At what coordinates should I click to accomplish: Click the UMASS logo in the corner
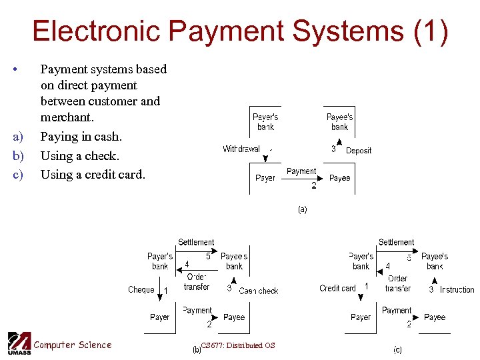pyautogui.click(x=19, y=343)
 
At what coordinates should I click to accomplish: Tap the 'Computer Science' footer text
pyautogui.click(x=73, y=345)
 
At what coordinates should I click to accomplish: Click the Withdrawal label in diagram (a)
pyautogui.click(x=241, y=149)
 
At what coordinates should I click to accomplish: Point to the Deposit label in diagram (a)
pyautogui.click(x=359, y=151)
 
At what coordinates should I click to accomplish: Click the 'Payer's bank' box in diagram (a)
pyautogui.click(x=265, y=122)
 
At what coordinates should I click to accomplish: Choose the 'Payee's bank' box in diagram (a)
pyautogui.click(x=339, y=122)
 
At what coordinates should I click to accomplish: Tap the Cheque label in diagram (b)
pyautogui.click(x=141, y=290)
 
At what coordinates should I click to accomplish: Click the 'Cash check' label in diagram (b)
pyautogui.click(x=259, y=291)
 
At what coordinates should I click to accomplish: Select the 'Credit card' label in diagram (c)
pyautogui.click(x=338, y=289)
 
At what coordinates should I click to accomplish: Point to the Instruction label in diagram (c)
pyautogui.click(x=457, y=290)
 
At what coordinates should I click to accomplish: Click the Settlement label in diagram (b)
pyautogui.click(x=196, y=242)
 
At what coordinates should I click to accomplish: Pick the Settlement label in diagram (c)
pyautogui.click(x=396, y=242)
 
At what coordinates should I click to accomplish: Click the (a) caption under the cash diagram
pyautogui.click(x=302, y=209)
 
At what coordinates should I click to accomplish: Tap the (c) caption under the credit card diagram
pyautogui.click(x=397, y=349)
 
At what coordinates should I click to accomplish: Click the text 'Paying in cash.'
pyautogui.click(x=81, y=137)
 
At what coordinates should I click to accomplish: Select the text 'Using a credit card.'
pyautogui.click(x=93, y=175)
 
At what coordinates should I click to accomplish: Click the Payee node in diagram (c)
pyautogui.click(x=434, y=317)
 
